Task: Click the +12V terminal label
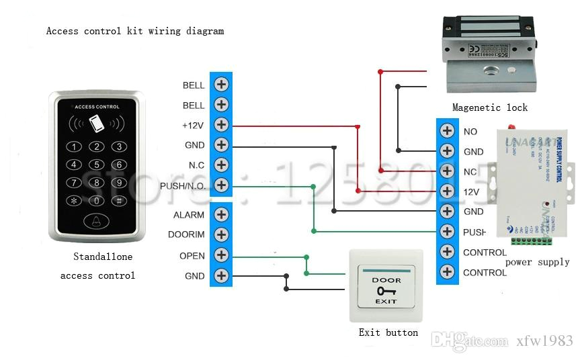tap(194, 126)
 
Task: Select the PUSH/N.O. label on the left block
tap(183, 185)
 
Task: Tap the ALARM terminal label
tap(189, 215)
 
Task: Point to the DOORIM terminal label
tap(186, 235)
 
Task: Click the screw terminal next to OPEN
tap(221, 256)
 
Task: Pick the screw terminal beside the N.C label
tap(221, 165)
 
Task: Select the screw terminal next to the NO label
tap(447, 132)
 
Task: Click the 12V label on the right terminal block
tap(471, 192)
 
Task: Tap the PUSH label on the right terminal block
tap(474, 232)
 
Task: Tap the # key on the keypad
tap(118, 200)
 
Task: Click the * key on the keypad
tap(76, 200)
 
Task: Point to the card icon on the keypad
tap(97, 124)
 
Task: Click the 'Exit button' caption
tap(388, 332)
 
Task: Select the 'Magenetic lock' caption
tap(489, 107)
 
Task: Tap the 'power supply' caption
tap(537, 262)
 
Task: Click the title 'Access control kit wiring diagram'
tap(134, 31)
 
